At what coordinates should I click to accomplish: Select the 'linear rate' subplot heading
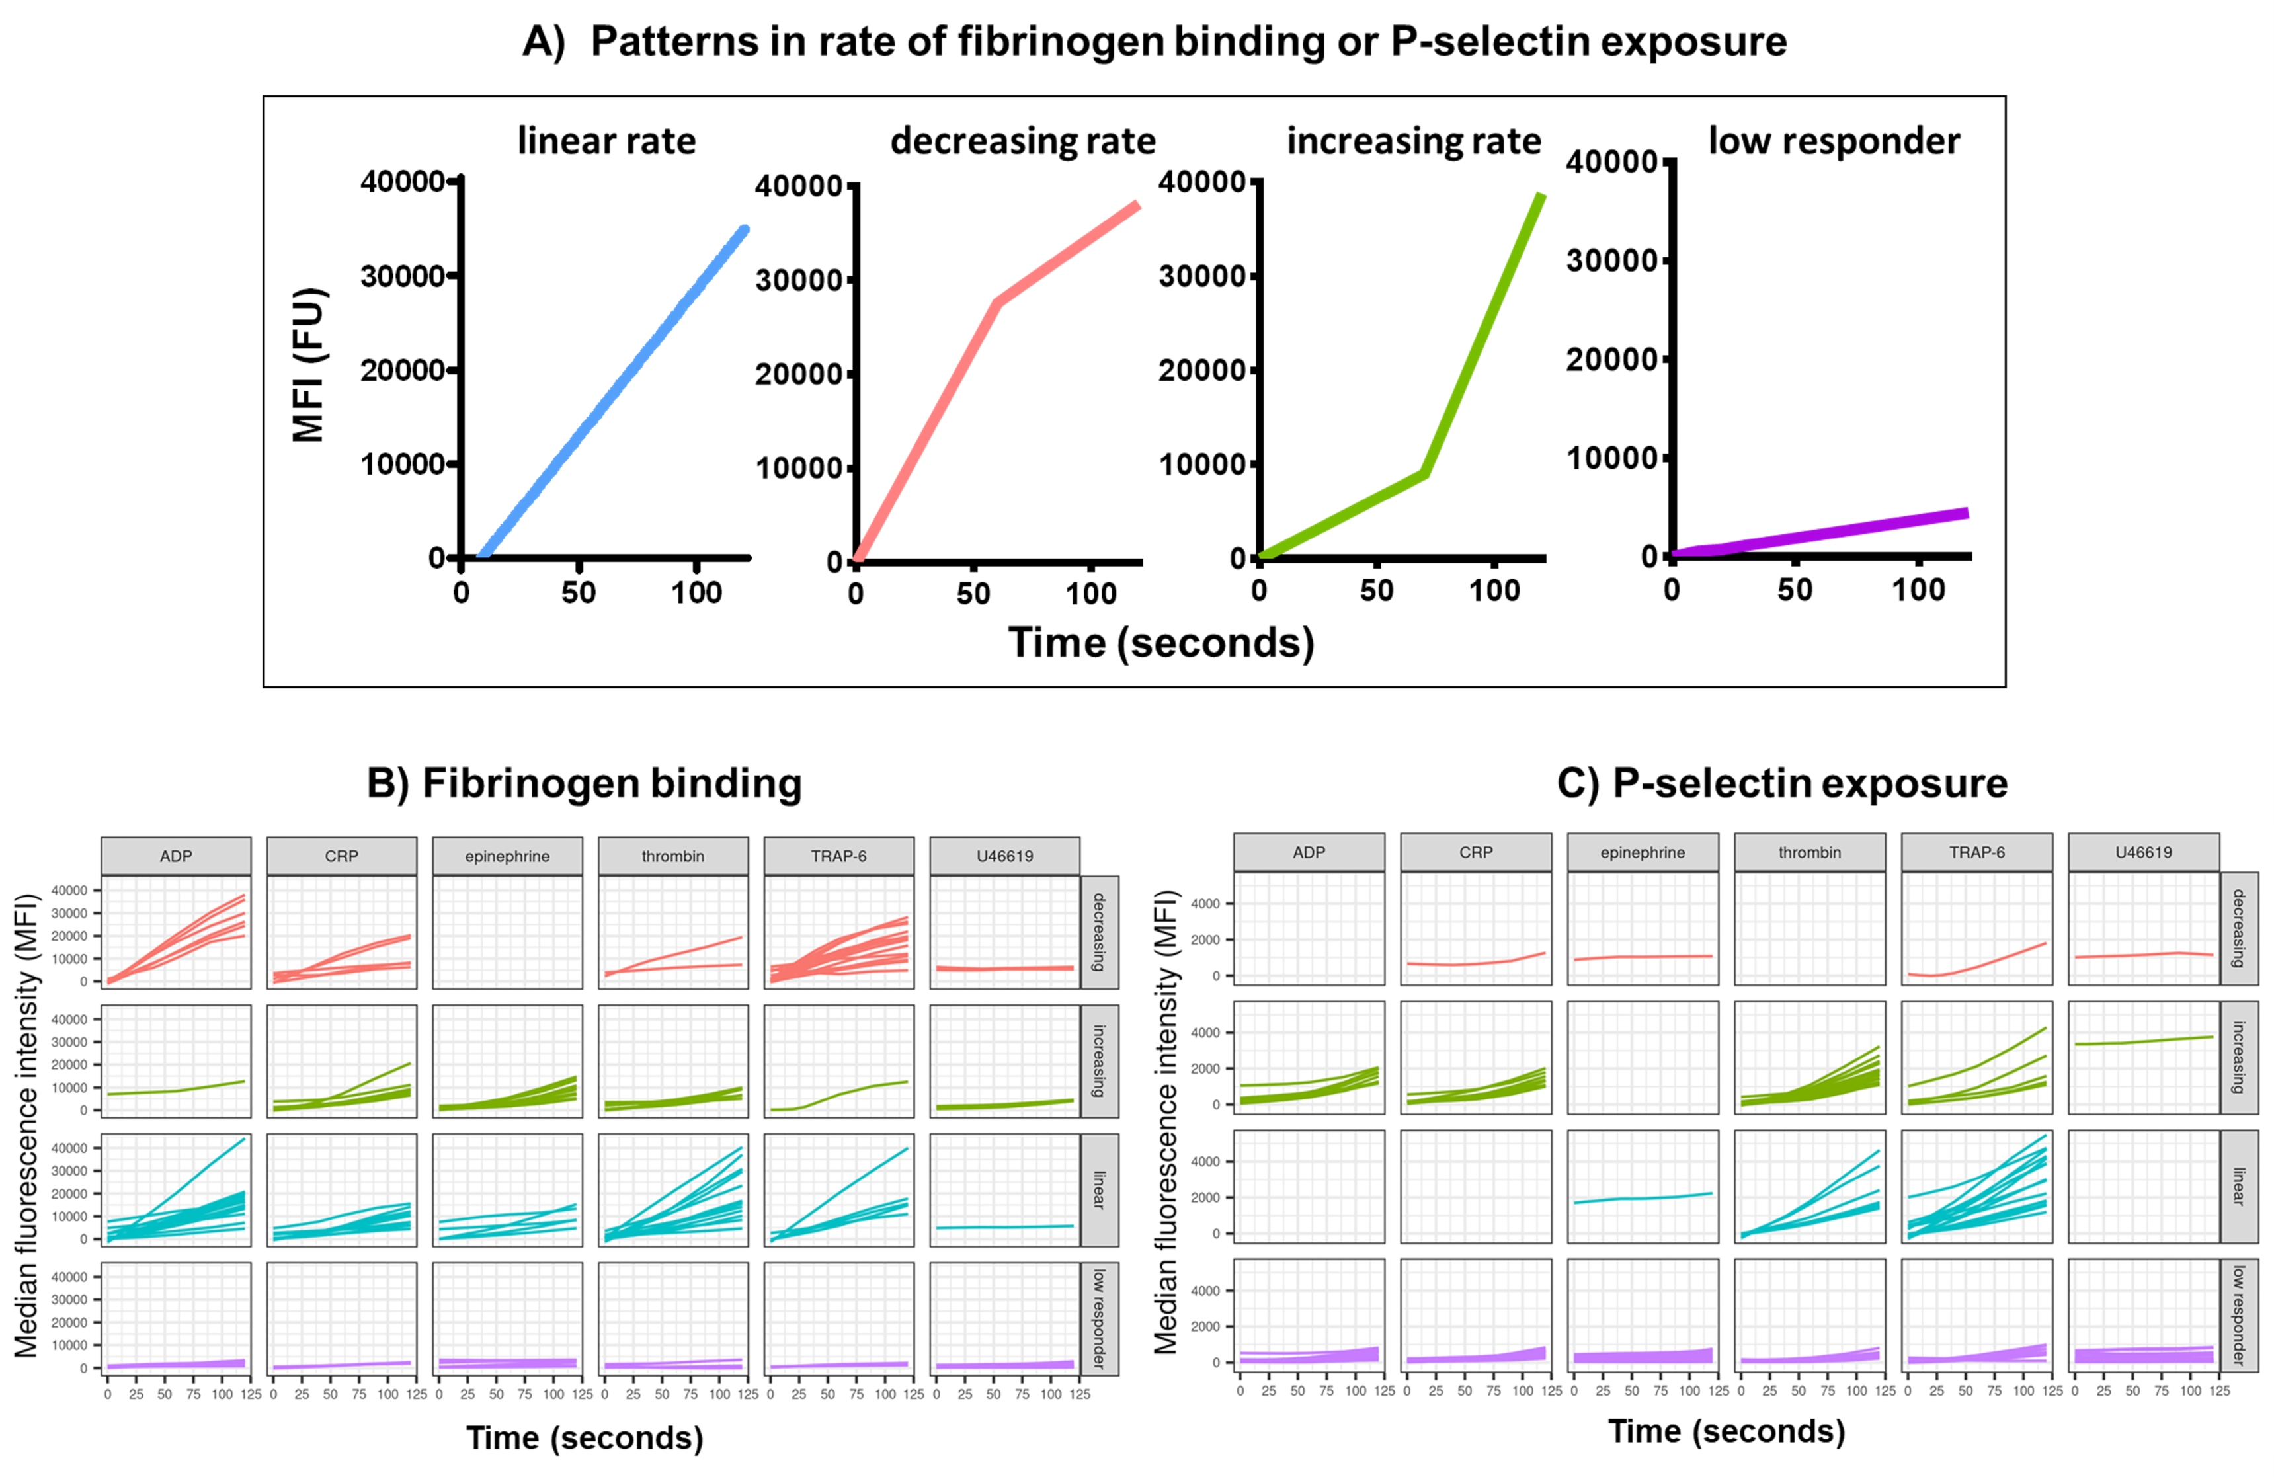coord(607,141)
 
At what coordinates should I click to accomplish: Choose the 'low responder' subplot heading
coord(1834,141)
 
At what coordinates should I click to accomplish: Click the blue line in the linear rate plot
coord(612,393)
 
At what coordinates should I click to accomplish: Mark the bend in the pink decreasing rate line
coord(996,303)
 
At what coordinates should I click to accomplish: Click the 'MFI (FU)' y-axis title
coord(309,365)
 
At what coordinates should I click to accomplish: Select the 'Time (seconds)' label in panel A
coord(1161,643)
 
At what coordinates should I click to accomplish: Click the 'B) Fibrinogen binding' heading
coord(584,783)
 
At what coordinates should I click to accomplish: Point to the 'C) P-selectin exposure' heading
coord(1782,783)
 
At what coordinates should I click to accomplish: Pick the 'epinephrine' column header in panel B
coord(507,856)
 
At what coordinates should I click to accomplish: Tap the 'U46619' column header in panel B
coord(1004,856)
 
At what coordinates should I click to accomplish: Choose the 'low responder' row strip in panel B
coord(1099,1318)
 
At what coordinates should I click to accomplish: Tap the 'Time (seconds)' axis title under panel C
coord(1726,1431)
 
